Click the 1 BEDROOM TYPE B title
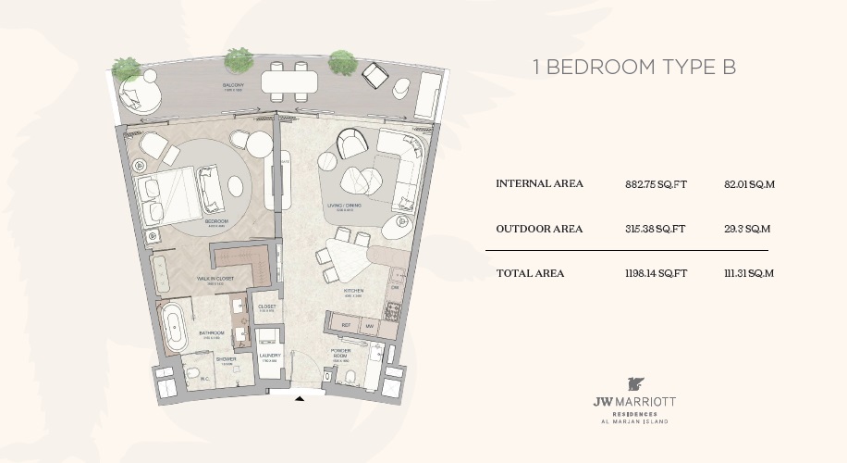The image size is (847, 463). pyautogui.click(x=634, y=68)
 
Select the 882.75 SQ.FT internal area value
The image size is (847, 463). pyautogui.click(x=656, y=184)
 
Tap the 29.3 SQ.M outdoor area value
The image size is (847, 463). pyautogui.click(x=748, y=229)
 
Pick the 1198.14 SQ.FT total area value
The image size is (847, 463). pyautogui.click(x=656, y=273)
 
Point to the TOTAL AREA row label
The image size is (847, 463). pyautogui.click(x=530, y=273)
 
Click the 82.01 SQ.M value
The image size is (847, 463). pyautogui.click(x=748, y=184)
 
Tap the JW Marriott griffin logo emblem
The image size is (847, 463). pyautogui.click(x=634, y=383)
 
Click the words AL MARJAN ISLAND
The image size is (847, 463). pyautogui.click(x=634, y=421)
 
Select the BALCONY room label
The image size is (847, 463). pyautogui.click(x=232, y=86)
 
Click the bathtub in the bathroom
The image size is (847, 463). pyautogui.click(x=173, y=324)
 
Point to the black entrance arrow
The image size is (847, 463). pyautogui.click(x=299, y=399)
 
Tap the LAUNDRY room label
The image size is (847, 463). pyautogui.click(x=270, y=355)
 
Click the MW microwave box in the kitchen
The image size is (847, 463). pyautogui.click(x=369, y=325)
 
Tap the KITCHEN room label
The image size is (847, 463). pyautogui.click(x=353, y=291)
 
